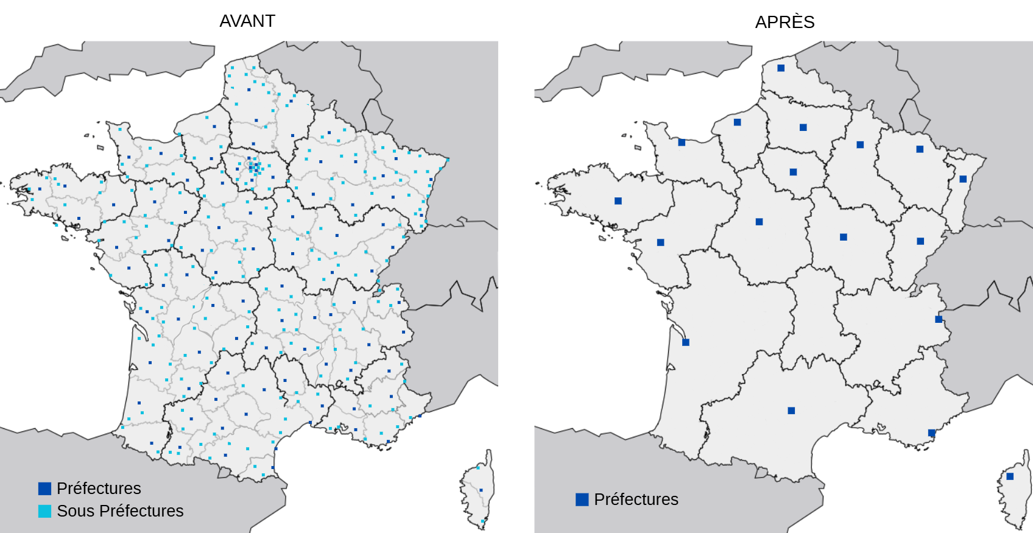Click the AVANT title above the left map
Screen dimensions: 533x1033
(247, 21)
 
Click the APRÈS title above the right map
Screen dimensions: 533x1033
(784, 23)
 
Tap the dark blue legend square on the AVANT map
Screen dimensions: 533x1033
(44, 489)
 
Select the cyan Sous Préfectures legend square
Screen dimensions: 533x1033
(44, 511)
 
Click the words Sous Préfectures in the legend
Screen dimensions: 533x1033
(120, 511)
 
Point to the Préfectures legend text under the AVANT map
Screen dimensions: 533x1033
(99, 489)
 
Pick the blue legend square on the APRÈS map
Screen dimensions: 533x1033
(582, 499)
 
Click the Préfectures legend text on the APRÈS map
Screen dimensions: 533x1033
(636, 499)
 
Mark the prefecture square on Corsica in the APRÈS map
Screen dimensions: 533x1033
(1010, 476)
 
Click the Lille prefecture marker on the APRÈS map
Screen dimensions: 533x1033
(781, 68)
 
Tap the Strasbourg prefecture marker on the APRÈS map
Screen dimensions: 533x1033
(963, 179)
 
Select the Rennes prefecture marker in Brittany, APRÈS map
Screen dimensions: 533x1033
(618, 201)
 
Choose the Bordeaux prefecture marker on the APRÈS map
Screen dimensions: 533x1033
(686, 342)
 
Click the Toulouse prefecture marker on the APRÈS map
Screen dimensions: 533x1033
(791, 411)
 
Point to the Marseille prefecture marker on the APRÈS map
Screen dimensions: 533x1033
(931, 433)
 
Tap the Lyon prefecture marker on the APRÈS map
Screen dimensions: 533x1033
(939, 319)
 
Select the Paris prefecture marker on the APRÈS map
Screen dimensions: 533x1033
(793, 172)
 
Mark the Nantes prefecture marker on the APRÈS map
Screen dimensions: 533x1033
(661, 242)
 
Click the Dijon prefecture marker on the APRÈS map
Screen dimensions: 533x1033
(844, 237)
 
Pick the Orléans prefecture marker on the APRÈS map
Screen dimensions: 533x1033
(759, 222)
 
